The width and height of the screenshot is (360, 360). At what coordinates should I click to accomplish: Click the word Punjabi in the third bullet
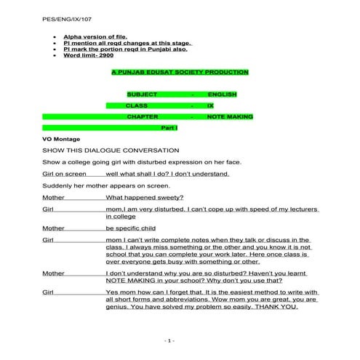169,48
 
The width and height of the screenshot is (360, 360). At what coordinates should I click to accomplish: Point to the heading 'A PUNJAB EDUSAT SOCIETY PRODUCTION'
180,73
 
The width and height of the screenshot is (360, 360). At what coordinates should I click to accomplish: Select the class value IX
210,105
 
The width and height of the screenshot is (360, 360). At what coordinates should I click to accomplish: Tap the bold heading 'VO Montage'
62,138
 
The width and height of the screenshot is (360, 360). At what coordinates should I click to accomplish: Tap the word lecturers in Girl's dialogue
300,209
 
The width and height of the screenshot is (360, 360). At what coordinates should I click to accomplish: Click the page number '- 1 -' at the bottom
170,340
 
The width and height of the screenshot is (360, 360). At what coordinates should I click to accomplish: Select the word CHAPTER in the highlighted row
143,116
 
